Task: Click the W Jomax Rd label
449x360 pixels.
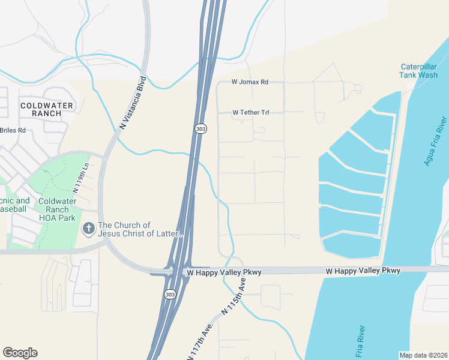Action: [250, 82]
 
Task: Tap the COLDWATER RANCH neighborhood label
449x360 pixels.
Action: [40, 109]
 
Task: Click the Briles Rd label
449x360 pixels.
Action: [13, 130]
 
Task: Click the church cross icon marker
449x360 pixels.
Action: [89, 229]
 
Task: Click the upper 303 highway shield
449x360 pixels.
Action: [200, 128]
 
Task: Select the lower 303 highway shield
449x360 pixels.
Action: [170, 293]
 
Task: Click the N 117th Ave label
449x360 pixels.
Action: [201, 336]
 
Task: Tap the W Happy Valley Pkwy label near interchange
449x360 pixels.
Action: [223, 272]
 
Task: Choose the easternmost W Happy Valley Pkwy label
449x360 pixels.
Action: [363, 271]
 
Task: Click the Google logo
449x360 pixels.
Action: [20, 353]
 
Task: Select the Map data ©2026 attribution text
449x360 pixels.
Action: [423, 355]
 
